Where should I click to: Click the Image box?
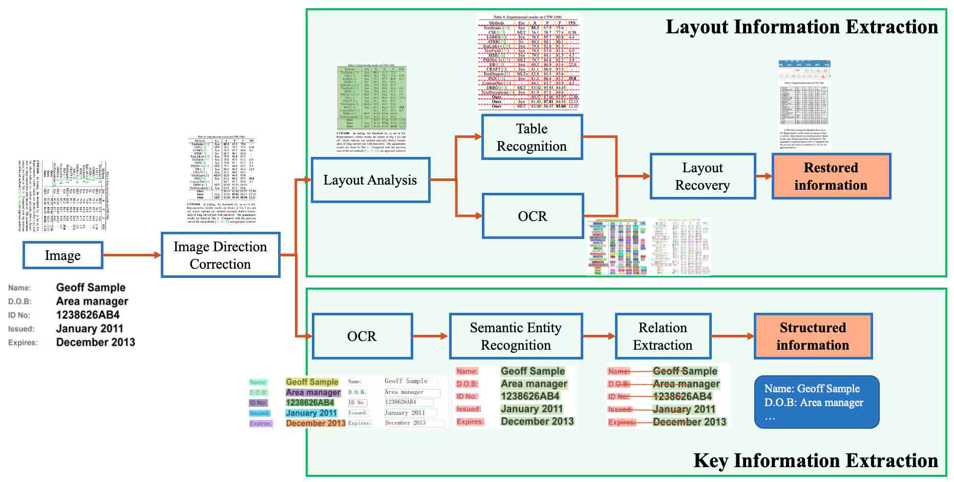tap(62, 255)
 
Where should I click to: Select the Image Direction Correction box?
tap(220, 255)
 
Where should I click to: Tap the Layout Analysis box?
tap(370, 180)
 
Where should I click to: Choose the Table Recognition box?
tap(532, 137)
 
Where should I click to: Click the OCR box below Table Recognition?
tap(532, 216)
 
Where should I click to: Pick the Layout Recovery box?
tap(702, 176)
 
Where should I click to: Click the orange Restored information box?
tap(831, 176)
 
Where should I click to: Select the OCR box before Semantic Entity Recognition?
tap(362, 336)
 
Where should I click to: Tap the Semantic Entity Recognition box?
tap(516, 336)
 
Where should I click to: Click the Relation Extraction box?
tap(663, 336)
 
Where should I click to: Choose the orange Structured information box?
tap(813, 336)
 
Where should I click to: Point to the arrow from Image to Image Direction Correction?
tap(132, 255)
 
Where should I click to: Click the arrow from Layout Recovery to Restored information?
tap(764, 176)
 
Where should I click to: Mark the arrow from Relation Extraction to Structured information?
tap(732, 336)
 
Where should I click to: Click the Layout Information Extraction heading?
tap(801, 27)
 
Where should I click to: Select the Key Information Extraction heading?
tap(815, 460)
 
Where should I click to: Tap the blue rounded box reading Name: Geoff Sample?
tap(816, 402)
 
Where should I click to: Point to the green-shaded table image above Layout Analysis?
tap(372, 108)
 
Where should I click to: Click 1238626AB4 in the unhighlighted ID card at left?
tap(88, 315)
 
